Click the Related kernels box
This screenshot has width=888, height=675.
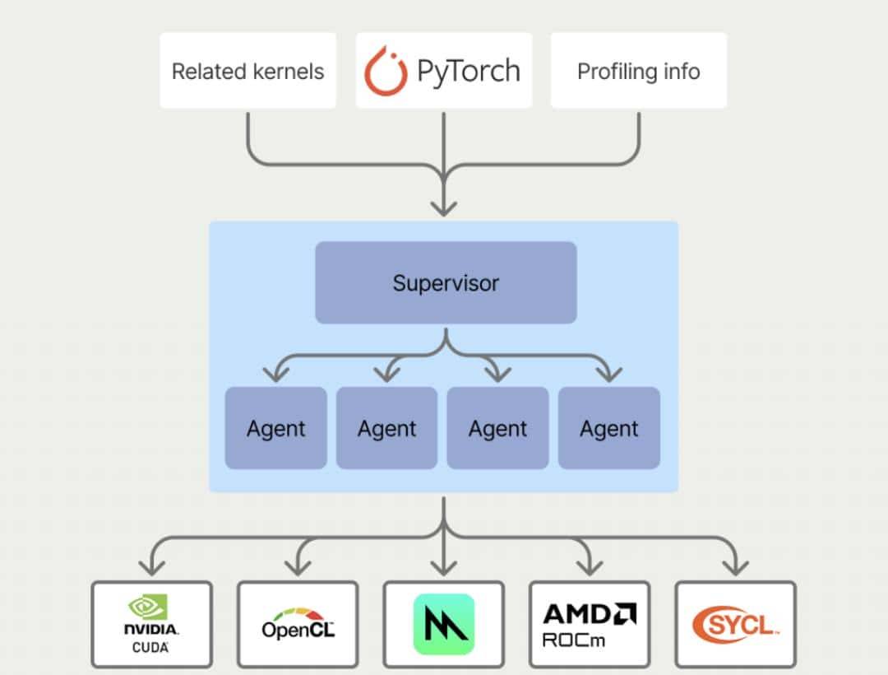247,71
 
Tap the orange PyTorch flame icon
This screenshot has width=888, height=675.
386,71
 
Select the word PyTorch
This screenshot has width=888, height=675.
468,71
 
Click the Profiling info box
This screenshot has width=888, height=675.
638,71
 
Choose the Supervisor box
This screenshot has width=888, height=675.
446,282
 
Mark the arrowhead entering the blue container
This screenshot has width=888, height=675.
444,206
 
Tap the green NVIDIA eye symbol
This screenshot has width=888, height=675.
148,607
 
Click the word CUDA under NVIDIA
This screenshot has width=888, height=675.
150,648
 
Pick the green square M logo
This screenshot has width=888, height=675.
444,624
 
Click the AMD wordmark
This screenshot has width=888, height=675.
590,613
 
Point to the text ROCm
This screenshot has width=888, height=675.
574,640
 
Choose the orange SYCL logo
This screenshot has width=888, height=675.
734,624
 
